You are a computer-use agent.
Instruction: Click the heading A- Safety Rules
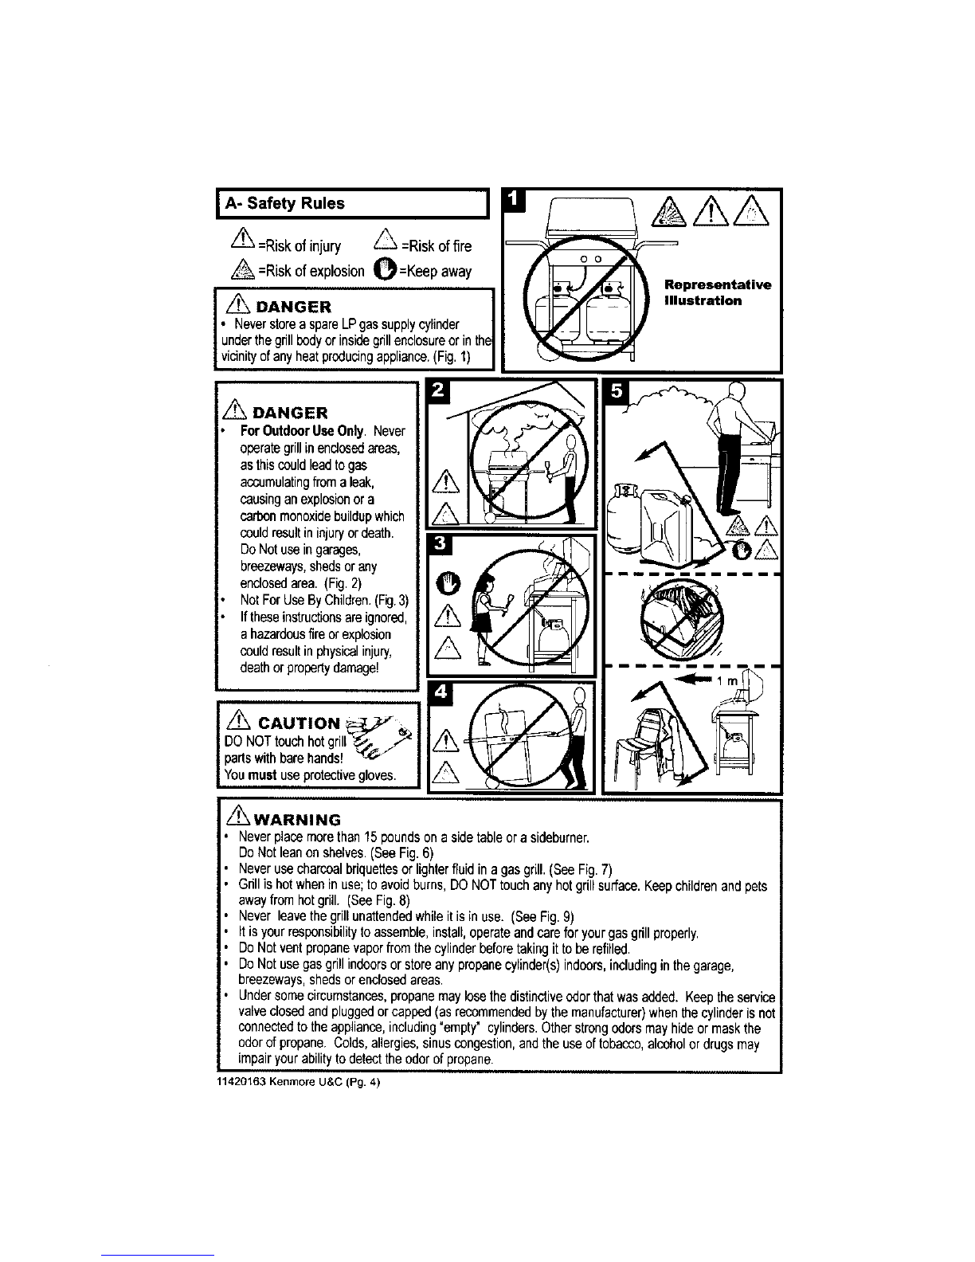[x=284, y=203]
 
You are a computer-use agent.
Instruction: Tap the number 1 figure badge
[x=514, y=200]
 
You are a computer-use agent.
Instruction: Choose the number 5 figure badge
[x=616, y=391]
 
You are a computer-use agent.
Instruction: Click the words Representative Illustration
[x=718, y=292]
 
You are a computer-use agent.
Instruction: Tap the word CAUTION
[x=299, y=723]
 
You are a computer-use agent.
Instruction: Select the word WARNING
[x=297, y=820]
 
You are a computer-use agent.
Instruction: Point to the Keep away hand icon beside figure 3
[x=448, y=584]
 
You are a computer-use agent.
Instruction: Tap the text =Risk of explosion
[x=311, y=271]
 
